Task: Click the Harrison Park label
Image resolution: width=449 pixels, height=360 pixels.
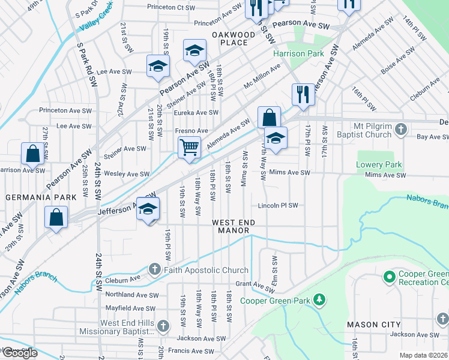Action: click(298, 53)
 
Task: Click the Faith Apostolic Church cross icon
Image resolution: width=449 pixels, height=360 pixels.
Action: click(155, 270)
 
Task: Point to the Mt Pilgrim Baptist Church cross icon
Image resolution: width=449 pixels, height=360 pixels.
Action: click(402, 128)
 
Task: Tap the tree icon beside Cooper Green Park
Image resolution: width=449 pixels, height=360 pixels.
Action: click(320, 300)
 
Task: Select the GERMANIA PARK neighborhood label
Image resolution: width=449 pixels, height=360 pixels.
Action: click(41, 197)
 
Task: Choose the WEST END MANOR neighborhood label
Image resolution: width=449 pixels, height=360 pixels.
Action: click(234, 226)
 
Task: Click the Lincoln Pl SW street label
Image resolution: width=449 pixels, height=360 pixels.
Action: click(278, 205)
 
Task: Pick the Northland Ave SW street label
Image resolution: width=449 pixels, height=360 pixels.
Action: click(131, 295)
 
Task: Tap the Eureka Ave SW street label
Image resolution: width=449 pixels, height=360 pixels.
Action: click(196, 113)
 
